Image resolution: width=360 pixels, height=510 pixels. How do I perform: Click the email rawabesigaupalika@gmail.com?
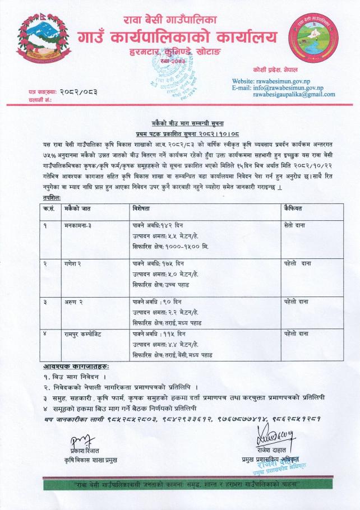[x=294, y=95]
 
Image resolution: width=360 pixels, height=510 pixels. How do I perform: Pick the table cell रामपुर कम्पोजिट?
[x=85, y=333]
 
